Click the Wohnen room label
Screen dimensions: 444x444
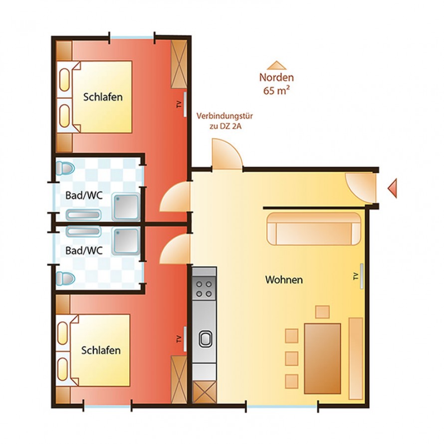283,280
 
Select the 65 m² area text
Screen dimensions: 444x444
276,90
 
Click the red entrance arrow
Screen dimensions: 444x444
392,188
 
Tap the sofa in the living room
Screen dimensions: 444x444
314,228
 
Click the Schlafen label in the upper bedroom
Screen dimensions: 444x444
103,97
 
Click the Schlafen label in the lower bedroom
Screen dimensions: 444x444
101,350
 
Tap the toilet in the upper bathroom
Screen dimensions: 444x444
65,169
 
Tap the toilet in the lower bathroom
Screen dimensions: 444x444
65,278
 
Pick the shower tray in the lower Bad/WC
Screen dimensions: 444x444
125,241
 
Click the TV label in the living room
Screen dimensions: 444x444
356,277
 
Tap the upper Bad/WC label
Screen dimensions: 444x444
84,196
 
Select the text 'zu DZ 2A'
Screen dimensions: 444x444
224,127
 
